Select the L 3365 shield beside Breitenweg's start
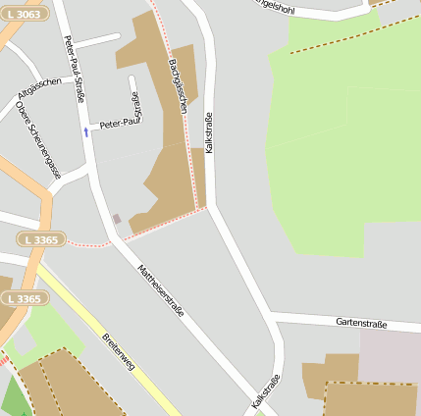pos(22,297)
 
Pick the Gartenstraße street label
pos(360,323)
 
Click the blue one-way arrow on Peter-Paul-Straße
pos(85,130)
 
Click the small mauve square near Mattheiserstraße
pos(117,218)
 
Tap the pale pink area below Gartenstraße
pos(389,354)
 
